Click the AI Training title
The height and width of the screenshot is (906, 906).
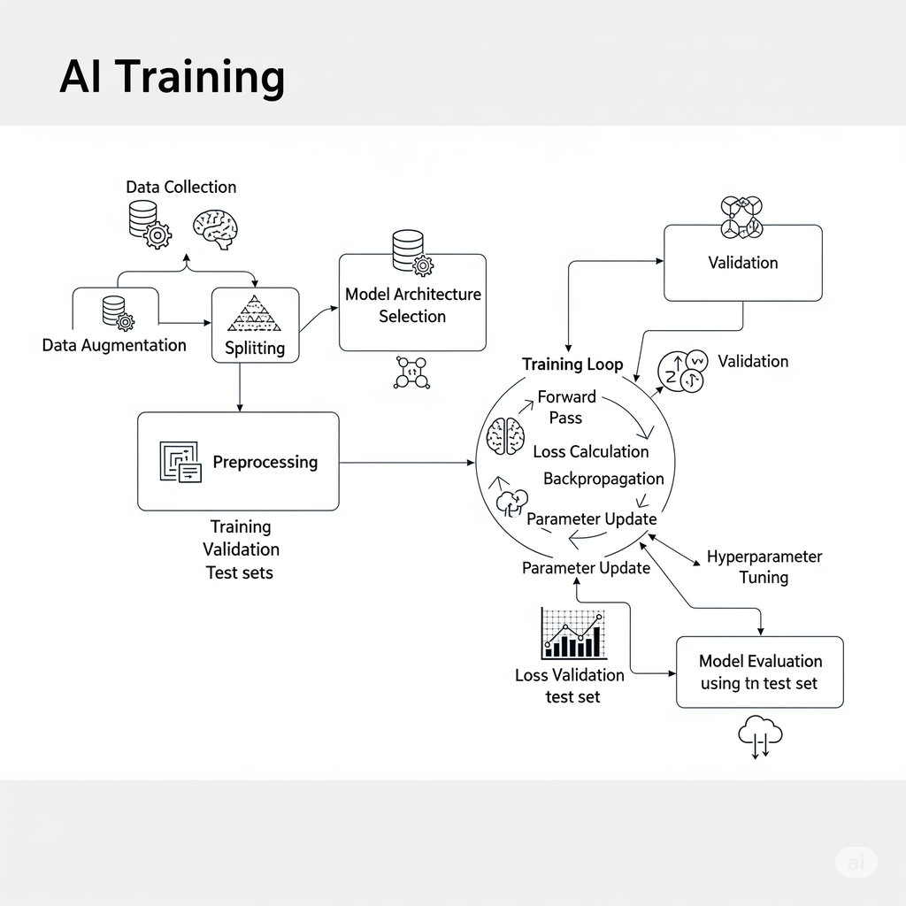pos(172,77)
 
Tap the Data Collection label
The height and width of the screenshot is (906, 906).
pos(180,187)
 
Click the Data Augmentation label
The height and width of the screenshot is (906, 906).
pos(114,345)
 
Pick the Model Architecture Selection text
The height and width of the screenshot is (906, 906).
pos(412,305)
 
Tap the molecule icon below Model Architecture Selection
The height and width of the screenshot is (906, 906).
pos(411,372)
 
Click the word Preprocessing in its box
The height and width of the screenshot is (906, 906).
pos(265,462)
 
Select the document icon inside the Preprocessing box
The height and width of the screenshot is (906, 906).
pos(180,462)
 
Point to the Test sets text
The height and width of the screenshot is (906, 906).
pos(239,572)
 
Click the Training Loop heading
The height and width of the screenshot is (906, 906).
pos(572,364)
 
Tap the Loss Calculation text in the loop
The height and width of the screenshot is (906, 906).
pos(590,451)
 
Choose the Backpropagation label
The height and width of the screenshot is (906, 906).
pos(603,479)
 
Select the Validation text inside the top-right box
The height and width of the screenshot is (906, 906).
pos(742,263)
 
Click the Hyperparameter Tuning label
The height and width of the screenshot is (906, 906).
pos(764,567)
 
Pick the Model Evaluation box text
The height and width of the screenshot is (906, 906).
pos(760,672)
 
